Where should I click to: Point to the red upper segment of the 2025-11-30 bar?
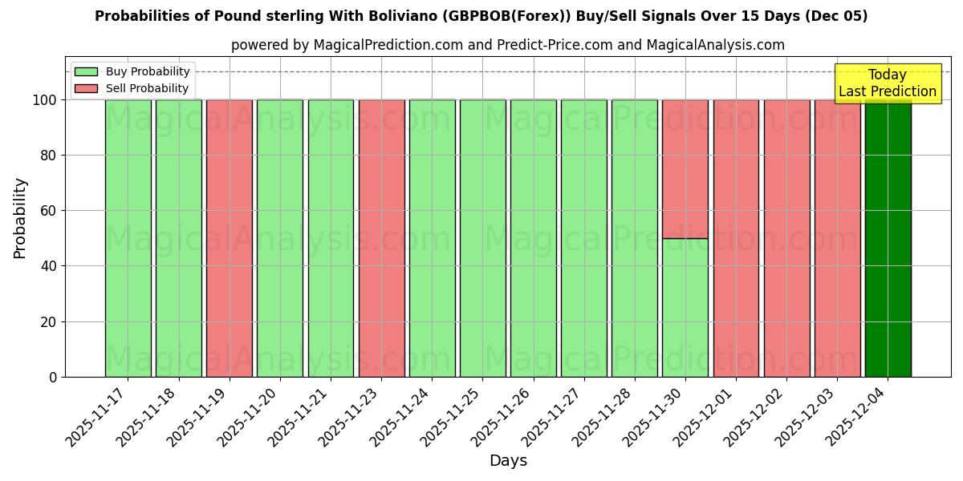coord(685,168)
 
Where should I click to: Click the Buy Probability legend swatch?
coord(86,72)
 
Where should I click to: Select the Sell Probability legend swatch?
coord(86,89)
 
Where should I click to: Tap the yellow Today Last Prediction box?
coord(887,83)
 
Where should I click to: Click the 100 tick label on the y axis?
coord(44,100)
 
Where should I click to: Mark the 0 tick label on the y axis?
coord(53,378)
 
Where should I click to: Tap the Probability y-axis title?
coord(20,218)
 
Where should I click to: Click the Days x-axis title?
coord(508,461)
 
